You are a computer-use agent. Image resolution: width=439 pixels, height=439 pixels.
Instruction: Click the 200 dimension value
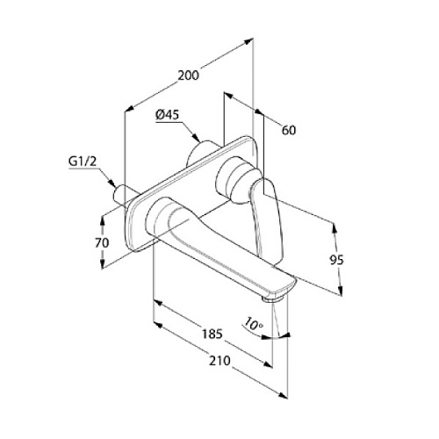[189, 76]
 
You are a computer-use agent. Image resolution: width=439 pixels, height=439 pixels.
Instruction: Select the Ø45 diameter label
[167, 115]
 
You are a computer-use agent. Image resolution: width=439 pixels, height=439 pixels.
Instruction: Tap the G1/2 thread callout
[83, 162]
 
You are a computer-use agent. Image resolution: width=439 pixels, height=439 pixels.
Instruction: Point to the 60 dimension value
[289, 130]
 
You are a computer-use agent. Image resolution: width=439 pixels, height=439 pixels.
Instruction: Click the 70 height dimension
[102, 242]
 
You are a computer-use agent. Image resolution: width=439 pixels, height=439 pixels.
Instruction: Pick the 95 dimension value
[336, 260]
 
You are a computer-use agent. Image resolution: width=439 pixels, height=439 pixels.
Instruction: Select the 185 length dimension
[212, 334]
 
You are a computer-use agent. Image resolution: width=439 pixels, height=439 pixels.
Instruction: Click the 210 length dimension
[219, 361]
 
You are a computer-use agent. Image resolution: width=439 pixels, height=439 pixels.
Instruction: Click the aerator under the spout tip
[273, 299]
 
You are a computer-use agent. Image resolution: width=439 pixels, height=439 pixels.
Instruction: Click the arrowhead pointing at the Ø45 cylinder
[196, 138]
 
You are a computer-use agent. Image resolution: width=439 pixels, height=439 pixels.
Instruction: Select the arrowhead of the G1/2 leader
[112, 183]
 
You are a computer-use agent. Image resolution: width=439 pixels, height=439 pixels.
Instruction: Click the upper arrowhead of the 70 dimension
[103, 221]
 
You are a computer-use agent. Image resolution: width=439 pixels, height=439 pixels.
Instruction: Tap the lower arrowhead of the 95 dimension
[340, 291]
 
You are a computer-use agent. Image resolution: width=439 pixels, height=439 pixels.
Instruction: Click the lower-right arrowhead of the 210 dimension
[283, 395]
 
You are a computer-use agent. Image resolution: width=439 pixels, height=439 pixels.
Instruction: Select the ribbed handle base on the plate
[234, 179]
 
